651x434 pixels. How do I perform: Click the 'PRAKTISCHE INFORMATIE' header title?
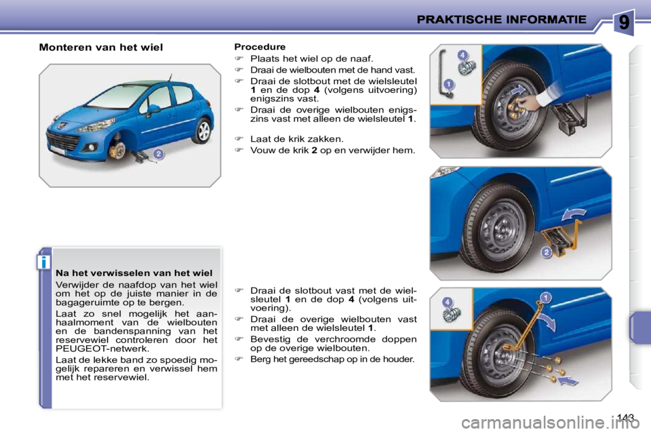(x=501, y=20)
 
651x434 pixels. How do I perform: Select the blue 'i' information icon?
(x=44, y=261)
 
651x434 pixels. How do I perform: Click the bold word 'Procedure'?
(x=260, y=47)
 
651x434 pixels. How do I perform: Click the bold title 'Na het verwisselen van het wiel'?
(x=134, y=273)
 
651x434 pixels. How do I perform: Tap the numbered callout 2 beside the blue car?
(x=157, y=155)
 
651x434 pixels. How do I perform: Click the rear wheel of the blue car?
(x=201, y=130)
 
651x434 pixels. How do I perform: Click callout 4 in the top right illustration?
(x=462, y=55)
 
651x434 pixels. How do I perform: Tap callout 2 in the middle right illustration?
(x=546, y=252)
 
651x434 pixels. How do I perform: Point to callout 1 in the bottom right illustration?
(x=545, y=296)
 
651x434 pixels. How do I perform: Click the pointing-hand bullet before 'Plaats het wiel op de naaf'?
(x=239, y=59)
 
